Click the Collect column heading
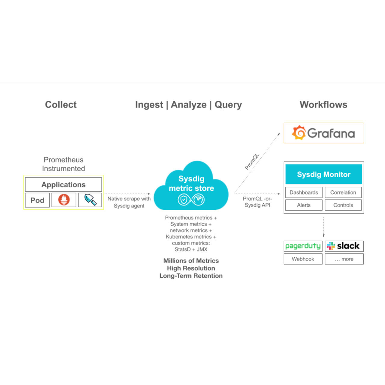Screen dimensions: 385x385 pos(61,105)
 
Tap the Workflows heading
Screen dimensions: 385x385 pos(323,105)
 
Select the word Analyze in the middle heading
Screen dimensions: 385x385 pos(189,105)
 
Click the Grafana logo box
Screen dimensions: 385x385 pos(324,133)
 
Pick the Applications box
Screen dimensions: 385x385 pos(63,184)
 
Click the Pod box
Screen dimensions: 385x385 pos(37,200)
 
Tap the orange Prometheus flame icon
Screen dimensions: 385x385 pos(64,200)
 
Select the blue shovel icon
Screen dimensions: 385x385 pos(90,200)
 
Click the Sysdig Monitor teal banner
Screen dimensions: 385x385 pos(324,174)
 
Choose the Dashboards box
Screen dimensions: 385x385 pos(303,192)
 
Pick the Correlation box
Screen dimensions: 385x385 pos(343,192)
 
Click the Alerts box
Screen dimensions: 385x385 pos(303,205)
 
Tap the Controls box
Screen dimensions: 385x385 pos(343,205)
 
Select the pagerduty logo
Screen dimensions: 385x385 pos(303,246)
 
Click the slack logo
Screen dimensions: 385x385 pos(344,246)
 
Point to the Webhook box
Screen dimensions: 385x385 pos(303,259)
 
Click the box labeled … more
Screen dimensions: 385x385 pos(344,259)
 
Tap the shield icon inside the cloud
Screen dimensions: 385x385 pos(183,199)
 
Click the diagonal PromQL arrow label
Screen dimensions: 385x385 pos(252,162)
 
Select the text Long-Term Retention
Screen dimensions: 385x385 pos(191,276)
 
